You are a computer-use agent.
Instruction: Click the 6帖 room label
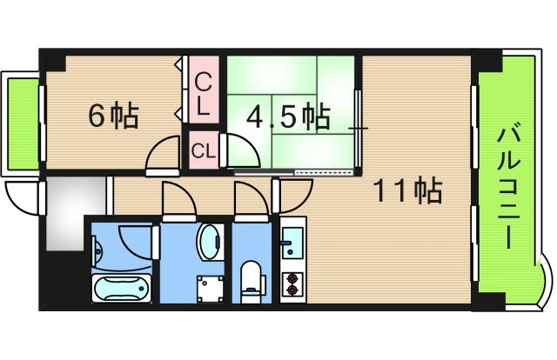(113, 116)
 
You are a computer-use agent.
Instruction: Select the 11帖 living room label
(408, 189)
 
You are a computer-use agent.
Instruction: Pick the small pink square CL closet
(204, 150)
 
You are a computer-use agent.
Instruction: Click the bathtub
(120, 286)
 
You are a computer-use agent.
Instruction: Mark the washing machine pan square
(210, 286)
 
